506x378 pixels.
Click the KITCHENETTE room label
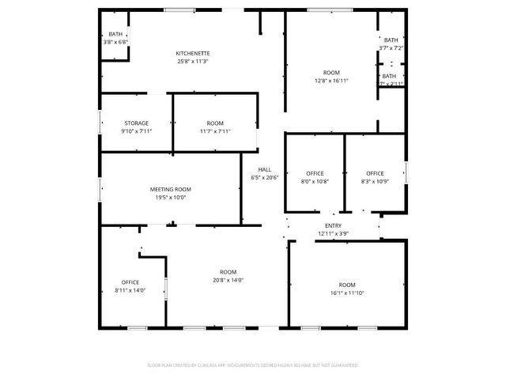(x=193, y=53)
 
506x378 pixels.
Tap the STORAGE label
(x=136, y=123)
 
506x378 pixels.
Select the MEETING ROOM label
(x=171, y=189)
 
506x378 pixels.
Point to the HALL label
(x=264, y=169)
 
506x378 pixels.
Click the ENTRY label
(x=333, y=225)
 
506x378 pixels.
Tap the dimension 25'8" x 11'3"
(x=193, y=61)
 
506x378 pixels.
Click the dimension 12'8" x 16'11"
(x=331, y=80)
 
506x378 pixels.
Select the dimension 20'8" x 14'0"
(x=228, y=280)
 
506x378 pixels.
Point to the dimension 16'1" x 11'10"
(x=347, y=293)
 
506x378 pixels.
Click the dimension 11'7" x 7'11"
(x=215, y=131)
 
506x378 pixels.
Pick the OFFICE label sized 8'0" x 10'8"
(x=315, y=173)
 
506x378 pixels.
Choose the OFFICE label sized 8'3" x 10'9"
(x=375, y=173)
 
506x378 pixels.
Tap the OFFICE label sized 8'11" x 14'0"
(x=130, y=282)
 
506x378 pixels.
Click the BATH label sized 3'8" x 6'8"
(x=115, y=34)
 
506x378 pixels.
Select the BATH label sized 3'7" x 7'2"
(x=391, y=40)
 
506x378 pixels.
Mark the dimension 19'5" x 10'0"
(x=171, y=198)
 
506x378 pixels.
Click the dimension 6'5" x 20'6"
(x=264, y=177)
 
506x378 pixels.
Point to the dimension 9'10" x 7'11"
(x=136, y=131)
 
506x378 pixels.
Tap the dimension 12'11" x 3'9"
(x=333, y=233)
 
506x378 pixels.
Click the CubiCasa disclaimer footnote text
(x=252, y=365)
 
